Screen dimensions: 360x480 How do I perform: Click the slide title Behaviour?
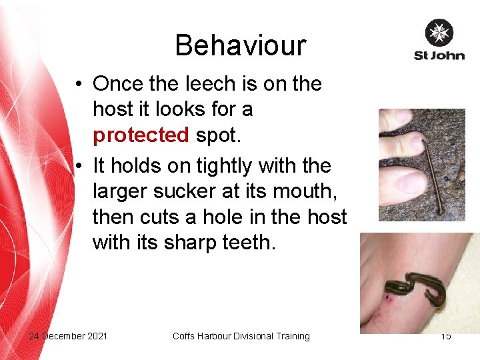coord(240,45)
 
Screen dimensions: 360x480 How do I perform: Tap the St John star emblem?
coord(439,33)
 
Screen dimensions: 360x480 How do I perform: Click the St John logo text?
coord(439,55)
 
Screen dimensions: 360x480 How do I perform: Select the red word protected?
coord(141,135)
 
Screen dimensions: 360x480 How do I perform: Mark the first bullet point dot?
coord(79,85)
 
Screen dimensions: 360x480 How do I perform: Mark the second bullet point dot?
coord(79,165)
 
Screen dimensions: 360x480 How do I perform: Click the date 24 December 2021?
coord(68,336)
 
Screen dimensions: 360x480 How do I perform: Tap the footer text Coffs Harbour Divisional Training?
coord(241,336)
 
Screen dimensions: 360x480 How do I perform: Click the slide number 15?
coord(445,336)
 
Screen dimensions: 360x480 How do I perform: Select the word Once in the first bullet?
coord(116,84)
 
